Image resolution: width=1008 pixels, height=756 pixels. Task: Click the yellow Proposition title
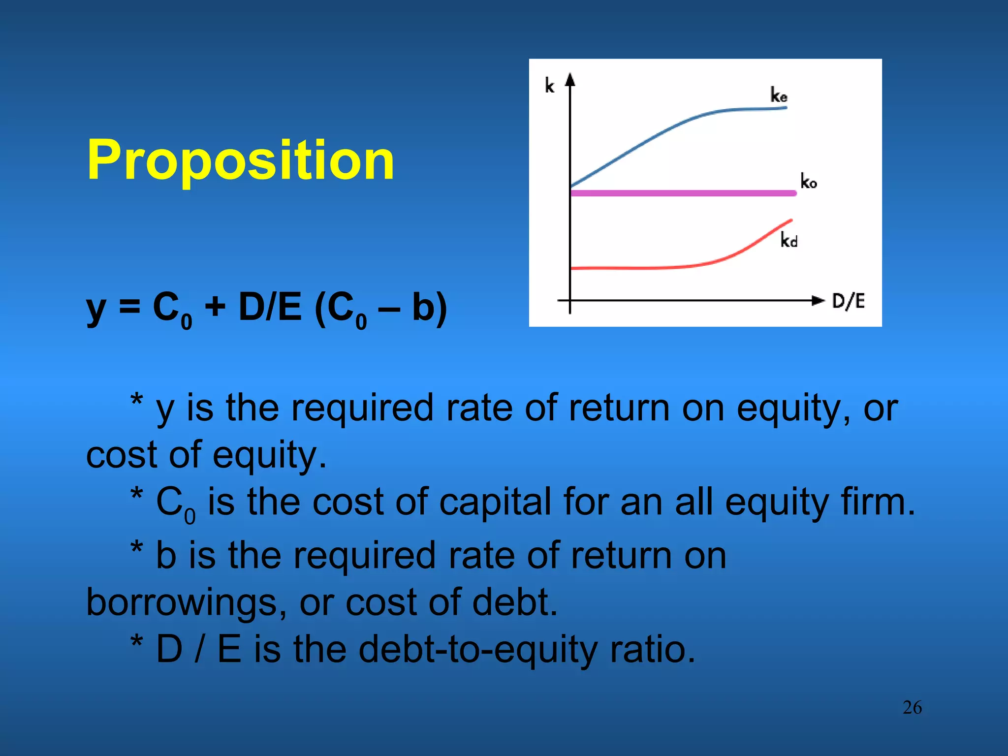[240, 160]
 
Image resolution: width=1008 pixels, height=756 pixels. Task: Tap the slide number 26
[912, 708]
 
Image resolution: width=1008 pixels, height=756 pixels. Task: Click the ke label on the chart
[779, 94]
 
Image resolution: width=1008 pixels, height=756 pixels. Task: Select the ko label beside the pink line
[808, 181]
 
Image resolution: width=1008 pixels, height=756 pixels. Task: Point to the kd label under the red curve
[788, 240]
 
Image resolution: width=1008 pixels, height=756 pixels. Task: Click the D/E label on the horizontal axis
[848, 301]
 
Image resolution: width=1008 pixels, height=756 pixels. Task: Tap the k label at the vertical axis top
[549, 86]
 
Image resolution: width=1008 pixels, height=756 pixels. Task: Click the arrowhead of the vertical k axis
[570, 79]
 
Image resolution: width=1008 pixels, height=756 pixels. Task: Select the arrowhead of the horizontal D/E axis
[818, 300]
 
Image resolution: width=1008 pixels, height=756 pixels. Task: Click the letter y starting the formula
[96, 309]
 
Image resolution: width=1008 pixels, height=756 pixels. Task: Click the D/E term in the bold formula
[270, 307]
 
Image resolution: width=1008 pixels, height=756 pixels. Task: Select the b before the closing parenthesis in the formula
[423, 307]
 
